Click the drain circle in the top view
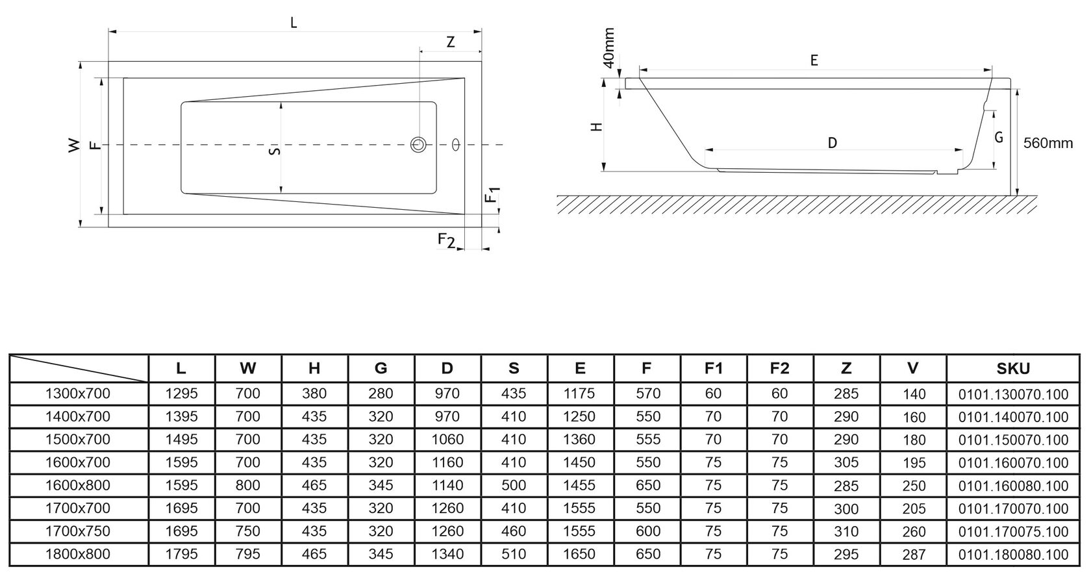point(418,144)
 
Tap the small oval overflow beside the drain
point(456,145)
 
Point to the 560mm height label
point(1047,143)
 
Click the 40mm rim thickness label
point(608,47)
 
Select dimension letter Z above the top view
point(451,42)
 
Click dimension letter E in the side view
point(814,60)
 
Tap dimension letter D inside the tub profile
point(833,143)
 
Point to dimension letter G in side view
point(999,138)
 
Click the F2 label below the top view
point(446,240)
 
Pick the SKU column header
point(1013,369)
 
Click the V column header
point(913,369)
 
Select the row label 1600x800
point(78,485)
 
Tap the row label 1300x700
point(78,394)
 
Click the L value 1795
point(181,554)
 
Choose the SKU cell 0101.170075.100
point(1013,531)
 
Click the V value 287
point(914,554)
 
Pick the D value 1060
point(447,439)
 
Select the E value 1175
point(579,394)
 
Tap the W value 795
point(248,554)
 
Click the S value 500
point(514,485)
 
